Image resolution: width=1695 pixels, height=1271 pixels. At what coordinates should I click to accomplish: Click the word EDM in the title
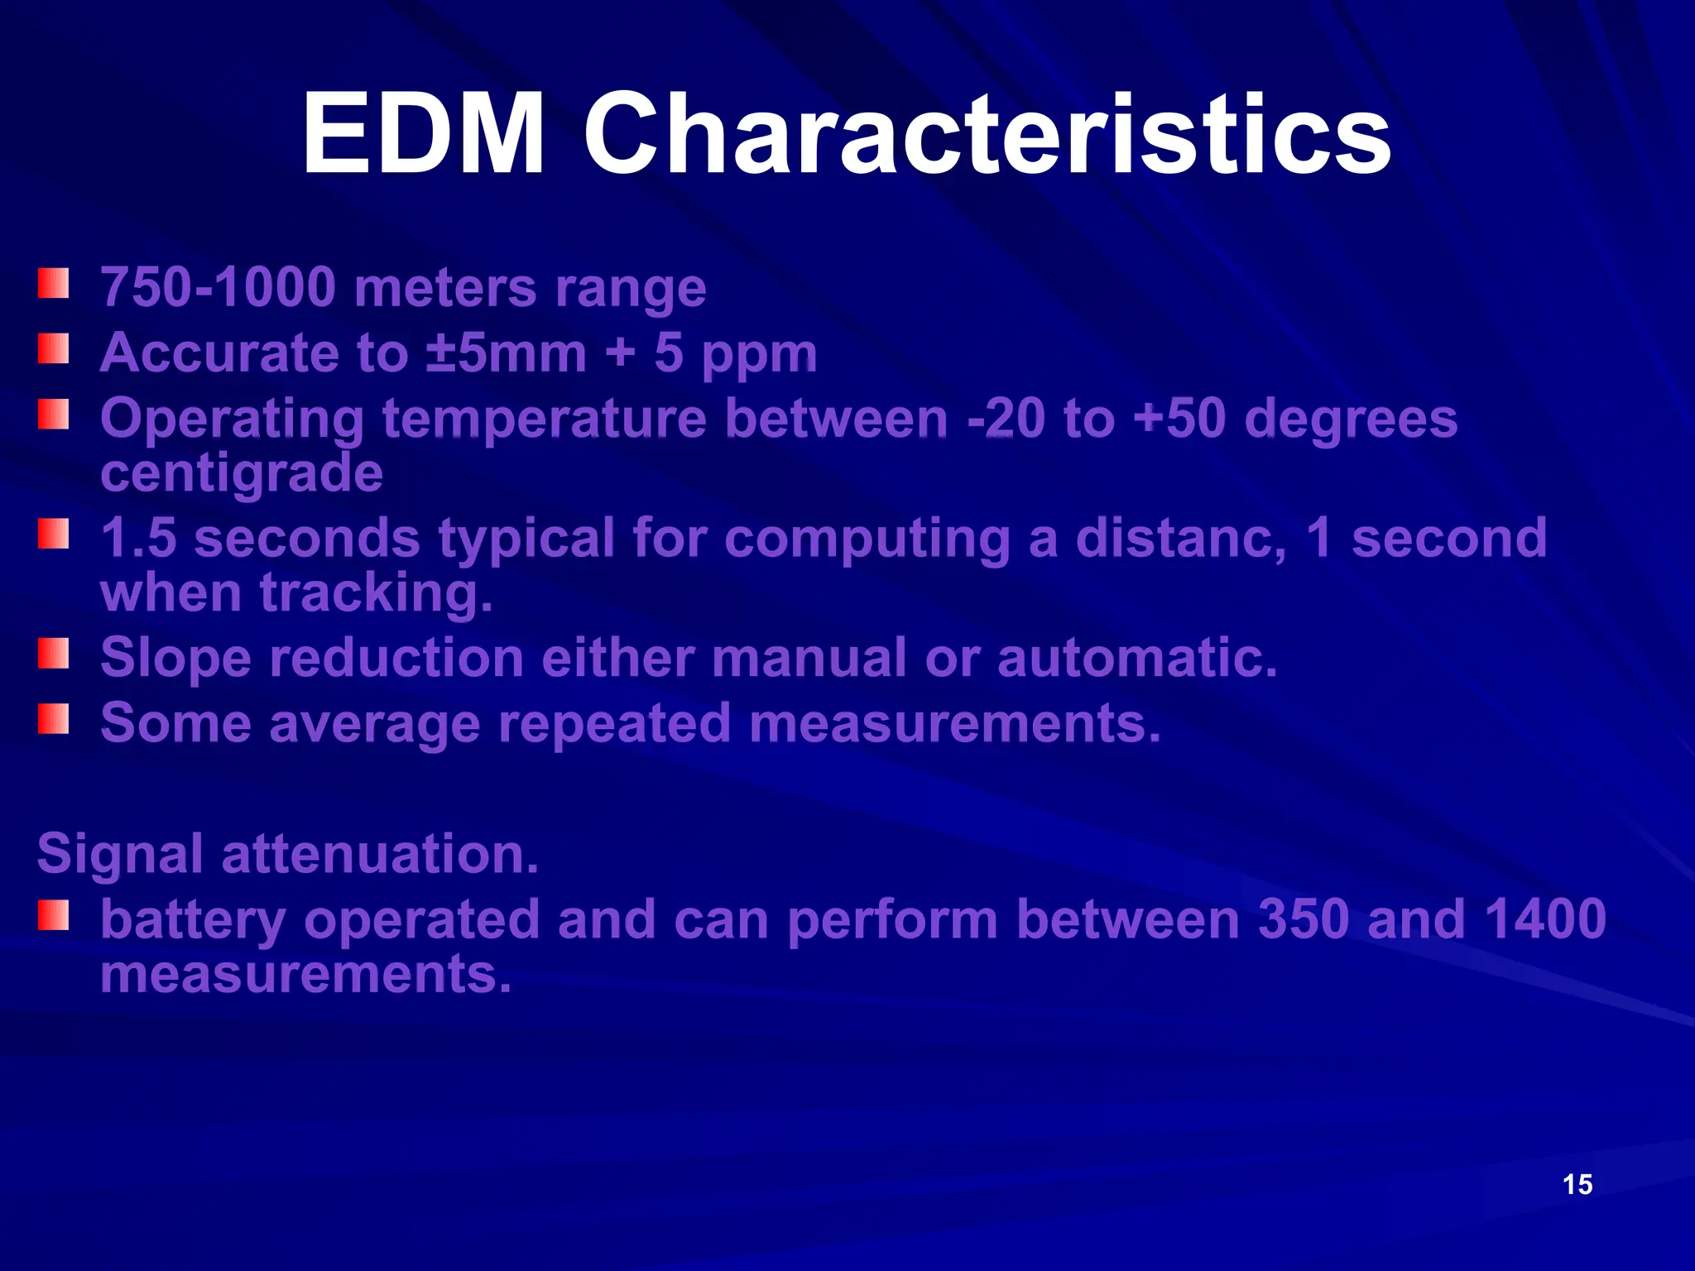pos(423,134)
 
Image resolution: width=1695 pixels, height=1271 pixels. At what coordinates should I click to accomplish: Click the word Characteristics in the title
pos(987,134)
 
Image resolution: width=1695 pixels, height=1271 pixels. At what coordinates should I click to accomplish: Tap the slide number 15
pos(1577,1184)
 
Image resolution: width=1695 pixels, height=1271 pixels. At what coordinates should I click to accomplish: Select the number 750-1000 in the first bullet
pos(218,287)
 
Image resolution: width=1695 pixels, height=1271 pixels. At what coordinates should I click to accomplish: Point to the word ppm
pos(759,356)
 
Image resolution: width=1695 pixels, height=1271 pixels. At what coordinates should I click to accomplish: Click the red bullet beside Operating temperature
pos(53,414)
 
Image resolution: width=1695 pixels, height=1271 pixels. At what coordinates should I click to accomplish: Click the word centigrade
pos(242,473)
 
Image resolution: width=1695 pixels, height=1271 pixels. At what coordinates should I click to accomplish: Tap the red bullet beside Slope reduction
pos(53,653)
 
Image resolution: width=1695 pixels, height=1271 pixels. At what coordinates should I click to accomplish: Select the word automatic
pos(1137,658)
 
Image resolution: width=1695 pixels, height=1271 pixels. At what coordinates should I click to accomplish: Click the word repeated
pos(614,723)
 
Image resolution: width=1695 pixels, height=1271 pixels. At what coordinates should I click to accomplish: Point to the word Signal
pos(120,854)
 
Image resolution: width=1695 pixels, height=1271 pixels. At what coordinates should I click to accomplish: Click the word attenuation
pos(380,854)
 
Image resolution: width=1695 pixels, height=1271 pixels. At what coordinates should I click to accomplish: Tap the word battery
pos(192,921)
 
